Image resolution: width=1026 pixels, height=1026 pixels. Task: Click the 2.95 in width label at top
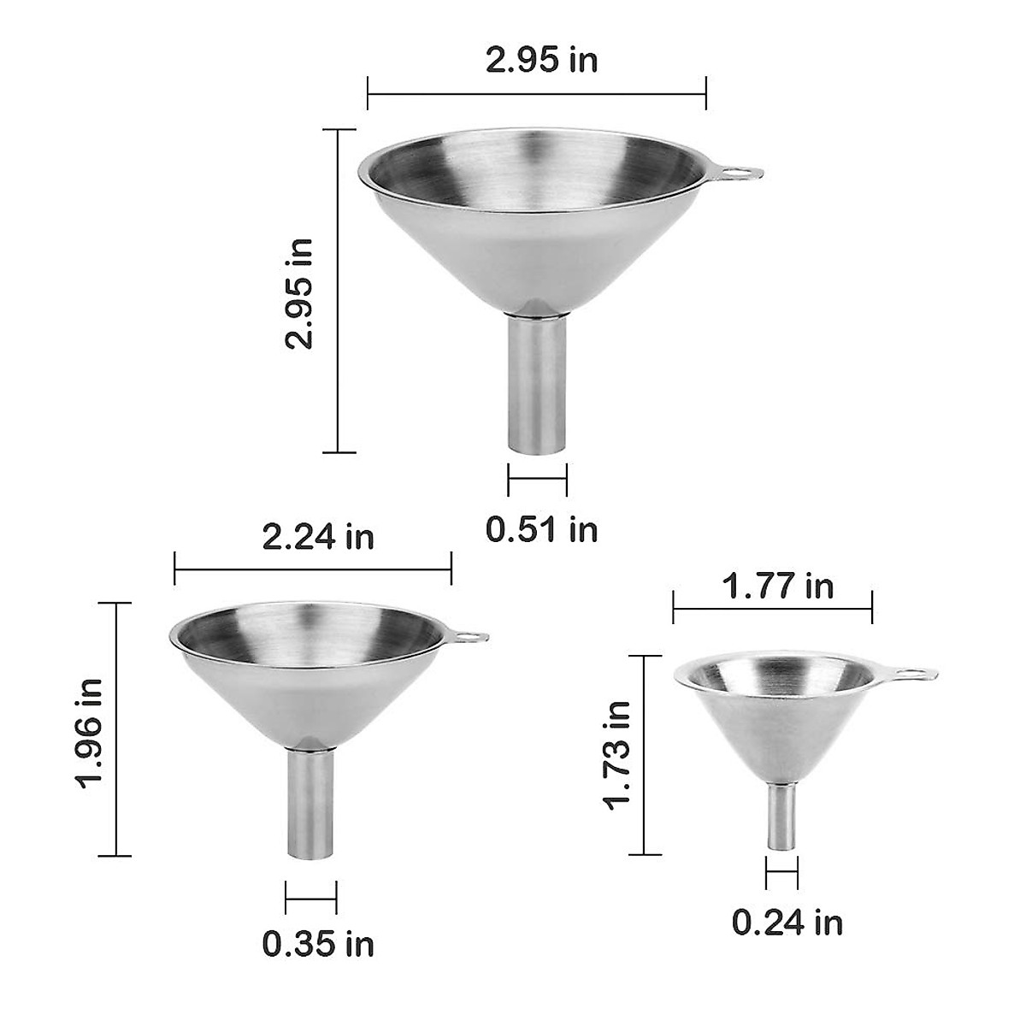tap(541, 61)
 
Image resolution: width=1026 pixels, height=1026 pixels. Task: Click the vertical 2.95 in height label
tap(300, 292)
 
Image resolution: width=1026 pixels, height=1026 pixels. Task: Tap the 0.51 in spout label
tap(541, 529)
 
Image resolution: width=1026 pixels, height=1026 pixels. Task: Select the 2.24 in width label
tap(317, 537)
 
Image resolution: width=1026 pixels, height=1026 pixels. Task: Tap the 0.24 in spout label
tap(787, 923)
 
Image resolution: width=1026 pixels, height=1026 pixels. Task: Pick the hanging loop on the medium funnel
tap(467, 636)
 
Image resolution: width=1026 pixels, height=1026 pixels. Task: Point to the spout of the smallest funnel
tap(782, 817)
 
